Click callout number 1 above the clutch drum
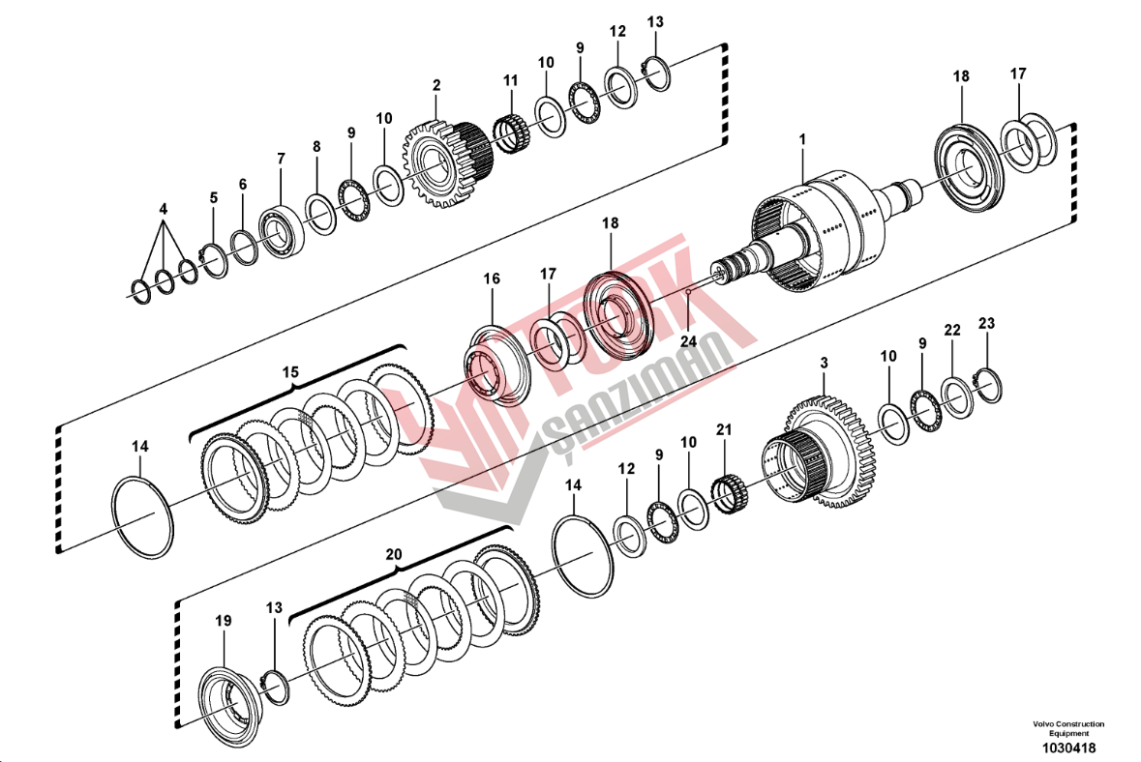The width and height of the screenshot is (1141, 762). (x=802, y=138)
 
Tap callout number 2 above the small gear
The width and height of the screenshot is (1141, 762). (x=436, y=85)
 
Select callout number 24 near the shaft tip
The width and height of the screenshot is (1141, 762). (x=688, y=340)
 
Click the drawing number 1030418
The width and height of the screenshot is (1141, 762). (x=1068, y=747)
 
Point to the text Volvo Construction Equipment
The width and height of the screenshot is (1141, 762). (x=1068, y=728)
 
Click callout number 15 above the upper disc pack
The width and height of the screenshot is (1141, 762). (x=290, y=372)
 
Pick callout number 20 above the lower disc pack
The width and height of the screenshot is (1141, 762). (x=394, y=555)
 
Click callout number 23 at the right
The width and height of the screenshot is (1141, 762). (x=986, y=323)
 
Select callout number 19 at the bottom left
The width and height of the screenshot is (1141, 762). (x=224, y=620)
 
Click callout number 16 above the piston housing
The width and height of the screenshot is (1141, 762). (x=492, y=278)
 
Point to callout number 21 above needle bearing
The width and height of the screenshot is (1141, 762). (x=723, y=429)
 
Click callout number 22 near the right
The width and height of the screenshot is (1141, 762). (x=952, y=330)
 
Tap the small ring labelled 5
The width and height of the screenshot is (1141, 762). (x=215, y=260)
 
